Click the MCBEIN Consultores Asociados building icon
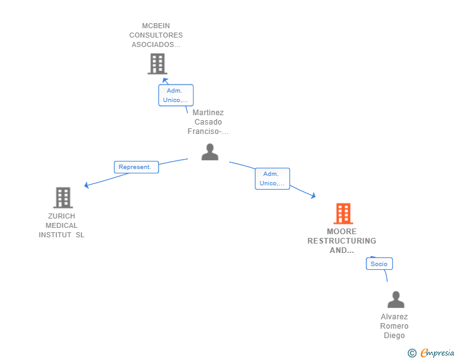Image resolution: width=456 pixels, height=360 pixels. tap(157, 63)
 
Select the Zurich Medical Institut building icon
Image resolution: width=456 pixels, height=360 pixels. tap(63, 197)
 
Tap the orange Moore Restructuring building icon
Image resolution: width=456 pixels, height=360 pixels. tap(343, 213)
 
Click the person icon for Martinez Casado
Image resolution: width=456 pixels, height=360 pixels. tap(210, 152)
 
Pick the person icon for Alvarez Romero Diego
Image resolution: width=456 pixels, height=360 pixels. tap(396, 300)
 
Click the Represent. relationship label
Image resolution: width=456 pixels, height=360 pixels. tap(136, 167)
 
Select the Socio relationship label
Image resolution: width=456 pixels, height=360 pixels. tap(379, 264)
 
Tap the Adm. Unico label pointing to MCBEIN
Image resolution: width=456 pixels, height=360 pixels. tap(175, 95)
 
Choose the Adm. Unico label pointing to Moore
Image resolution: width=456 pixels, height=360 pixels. tap(272, 178)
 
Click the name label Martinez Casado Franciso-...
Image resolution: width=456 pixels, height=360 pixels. tap(208, 122)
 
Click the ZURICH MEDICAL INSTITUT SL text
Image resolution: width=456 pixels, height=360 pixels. tap(61, 225)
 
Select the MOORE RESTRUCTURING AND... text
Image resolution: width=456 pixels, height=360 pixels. tap(342, 241)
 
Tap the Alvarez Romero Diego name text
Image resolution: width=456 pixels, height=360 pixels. tap(395, 326)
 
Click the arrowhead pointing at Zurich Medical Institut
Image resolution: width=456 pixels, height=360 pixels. tap(86, 185)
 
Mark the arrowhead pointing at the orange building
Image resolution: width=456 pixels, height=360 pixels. tap(313, 196)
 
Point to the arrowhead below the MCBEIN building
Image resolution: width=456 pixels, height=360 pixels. tap(165, 80)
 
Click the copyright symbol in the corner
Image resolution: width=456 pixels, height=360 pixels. tap(412, 353)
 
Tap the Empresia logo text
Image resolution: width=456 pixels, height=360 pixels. tap(437, 353)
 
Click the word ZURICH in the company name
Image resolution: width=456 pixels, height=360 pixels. tap(61, 216)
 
